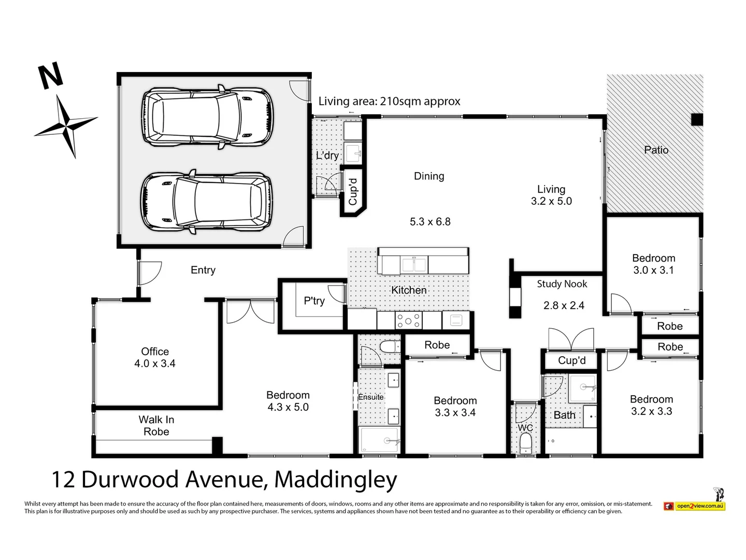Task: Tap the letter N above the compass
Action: (51, 77)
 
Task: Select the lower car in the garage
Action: (207, 202)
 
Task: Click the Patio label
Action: (656, 150)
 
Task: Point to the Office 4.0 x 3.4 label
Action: (155, 357)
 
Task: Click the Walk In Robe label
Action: (156, 426)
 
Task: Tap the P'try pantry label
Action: (314, 301)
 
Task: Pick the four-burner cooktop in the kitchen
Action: (409, 320)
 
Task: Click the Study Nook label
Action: (562, 284)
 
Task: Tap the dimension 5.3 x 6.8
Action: (430, 221)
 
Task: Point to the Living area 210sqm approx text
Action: (389, 101)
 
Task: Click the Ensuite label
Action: (371, 397)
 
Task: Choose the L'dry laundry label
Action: (327, 155)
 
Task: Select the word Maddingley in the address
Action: (336, 480)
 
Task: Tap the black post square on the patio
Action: (697, 119)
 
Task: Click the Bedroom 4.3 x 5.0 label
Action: (288, 401)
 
